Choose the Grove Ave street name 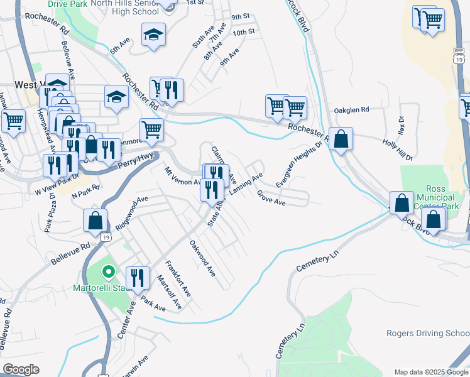[271, 199]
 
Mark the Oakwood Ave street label [202, 260]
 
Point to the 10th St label [243, 32]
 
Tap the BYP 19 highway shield [458, 54]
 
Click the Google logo [21, 369]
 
